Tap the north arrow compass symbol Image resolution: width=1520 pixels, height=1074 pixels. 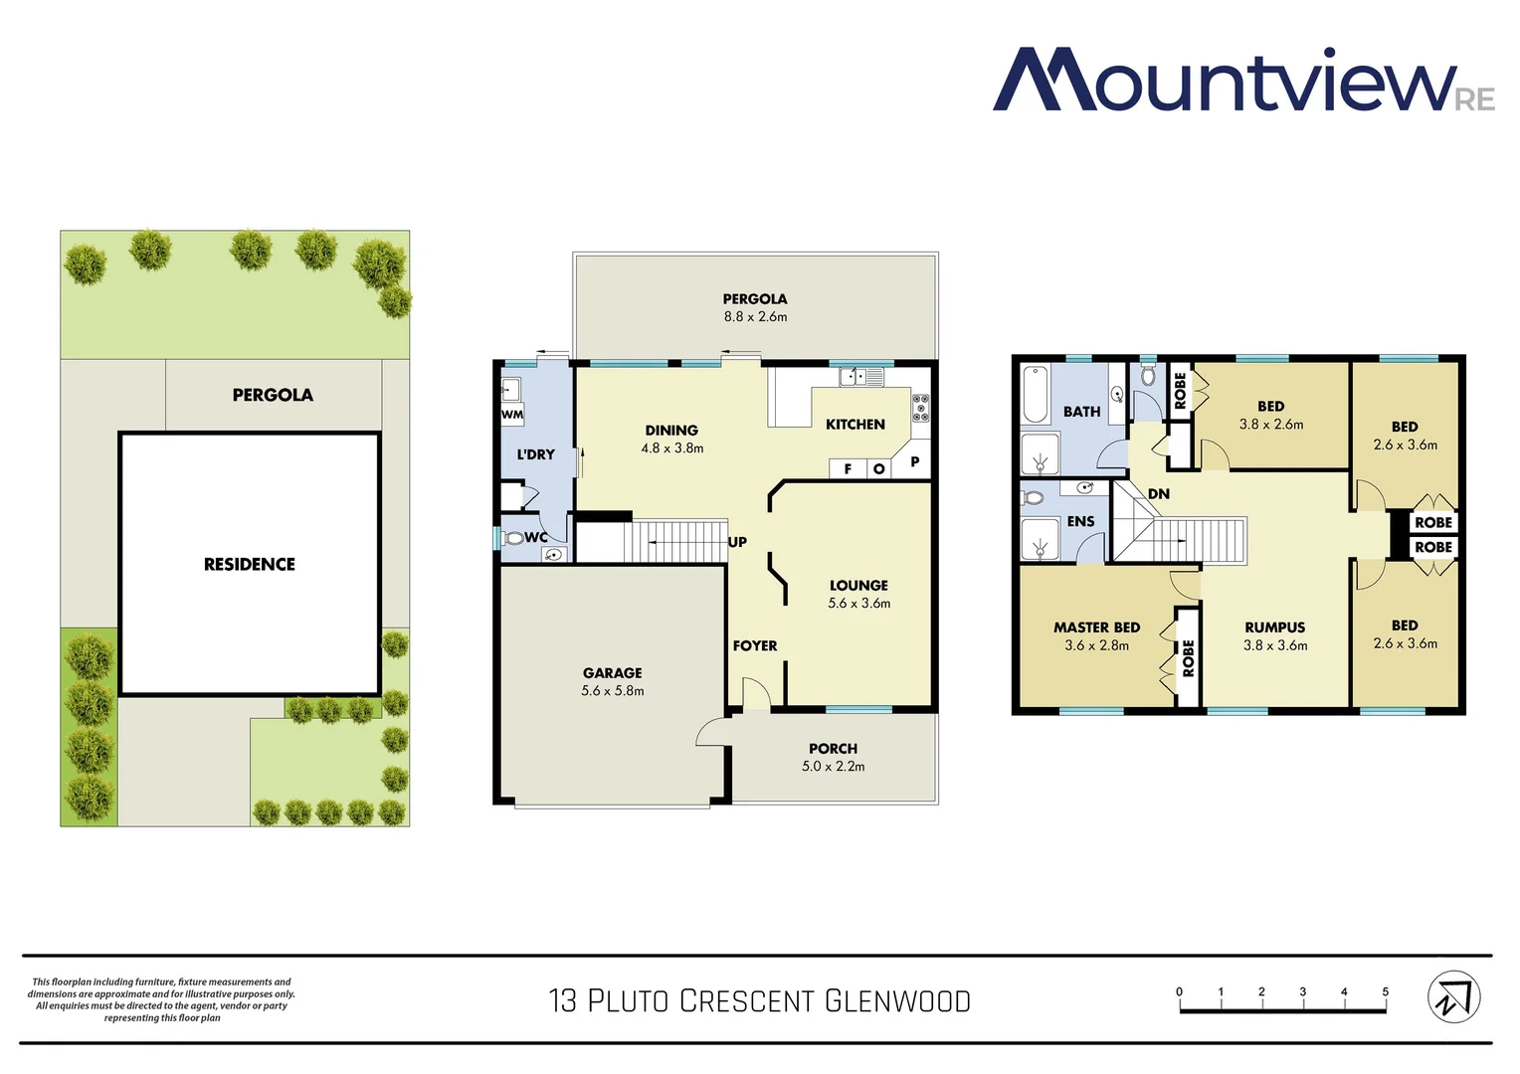1453,996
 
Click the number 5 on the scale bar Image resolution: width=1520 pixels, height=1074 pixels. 1385,991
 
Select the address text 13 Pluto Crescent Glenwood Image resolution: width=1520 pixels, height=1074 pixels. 759,1000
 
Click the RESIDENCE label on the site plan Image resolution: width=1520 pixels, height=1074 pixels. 250,564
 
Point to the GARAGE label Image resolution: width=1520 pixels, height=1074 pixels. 612,673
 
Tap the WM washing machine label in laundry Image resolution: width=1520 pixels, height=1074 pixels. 512,415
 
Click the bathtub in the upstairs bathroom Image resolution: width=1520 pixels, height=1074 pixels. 1036,395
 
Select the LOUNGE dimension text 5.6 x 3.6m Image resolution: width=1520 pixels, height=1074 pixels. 859,604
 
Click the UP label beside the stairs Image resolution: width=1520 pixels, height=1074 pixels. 737,542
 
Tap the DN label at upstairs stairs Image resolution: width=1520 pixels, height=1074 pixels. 1159,494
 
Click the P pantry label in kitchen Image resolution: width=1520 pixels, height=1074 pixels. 914,461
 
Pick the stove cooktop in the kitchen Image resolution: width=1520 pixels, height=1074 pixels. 921,407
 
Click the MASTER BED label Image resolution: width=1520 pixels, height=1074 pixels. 1096,627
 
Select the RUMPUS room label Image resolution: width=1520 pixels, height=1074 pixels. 1274,627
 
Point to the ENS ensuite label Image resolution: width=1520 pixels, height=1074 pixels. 1080,521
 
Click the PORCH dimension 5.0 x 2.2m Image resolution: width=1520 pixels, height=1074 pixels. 834,767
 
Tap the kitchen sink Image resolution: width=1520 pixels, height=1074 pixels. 861,377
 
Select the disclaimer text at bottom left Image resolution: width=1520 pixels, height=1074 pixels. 161,999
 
